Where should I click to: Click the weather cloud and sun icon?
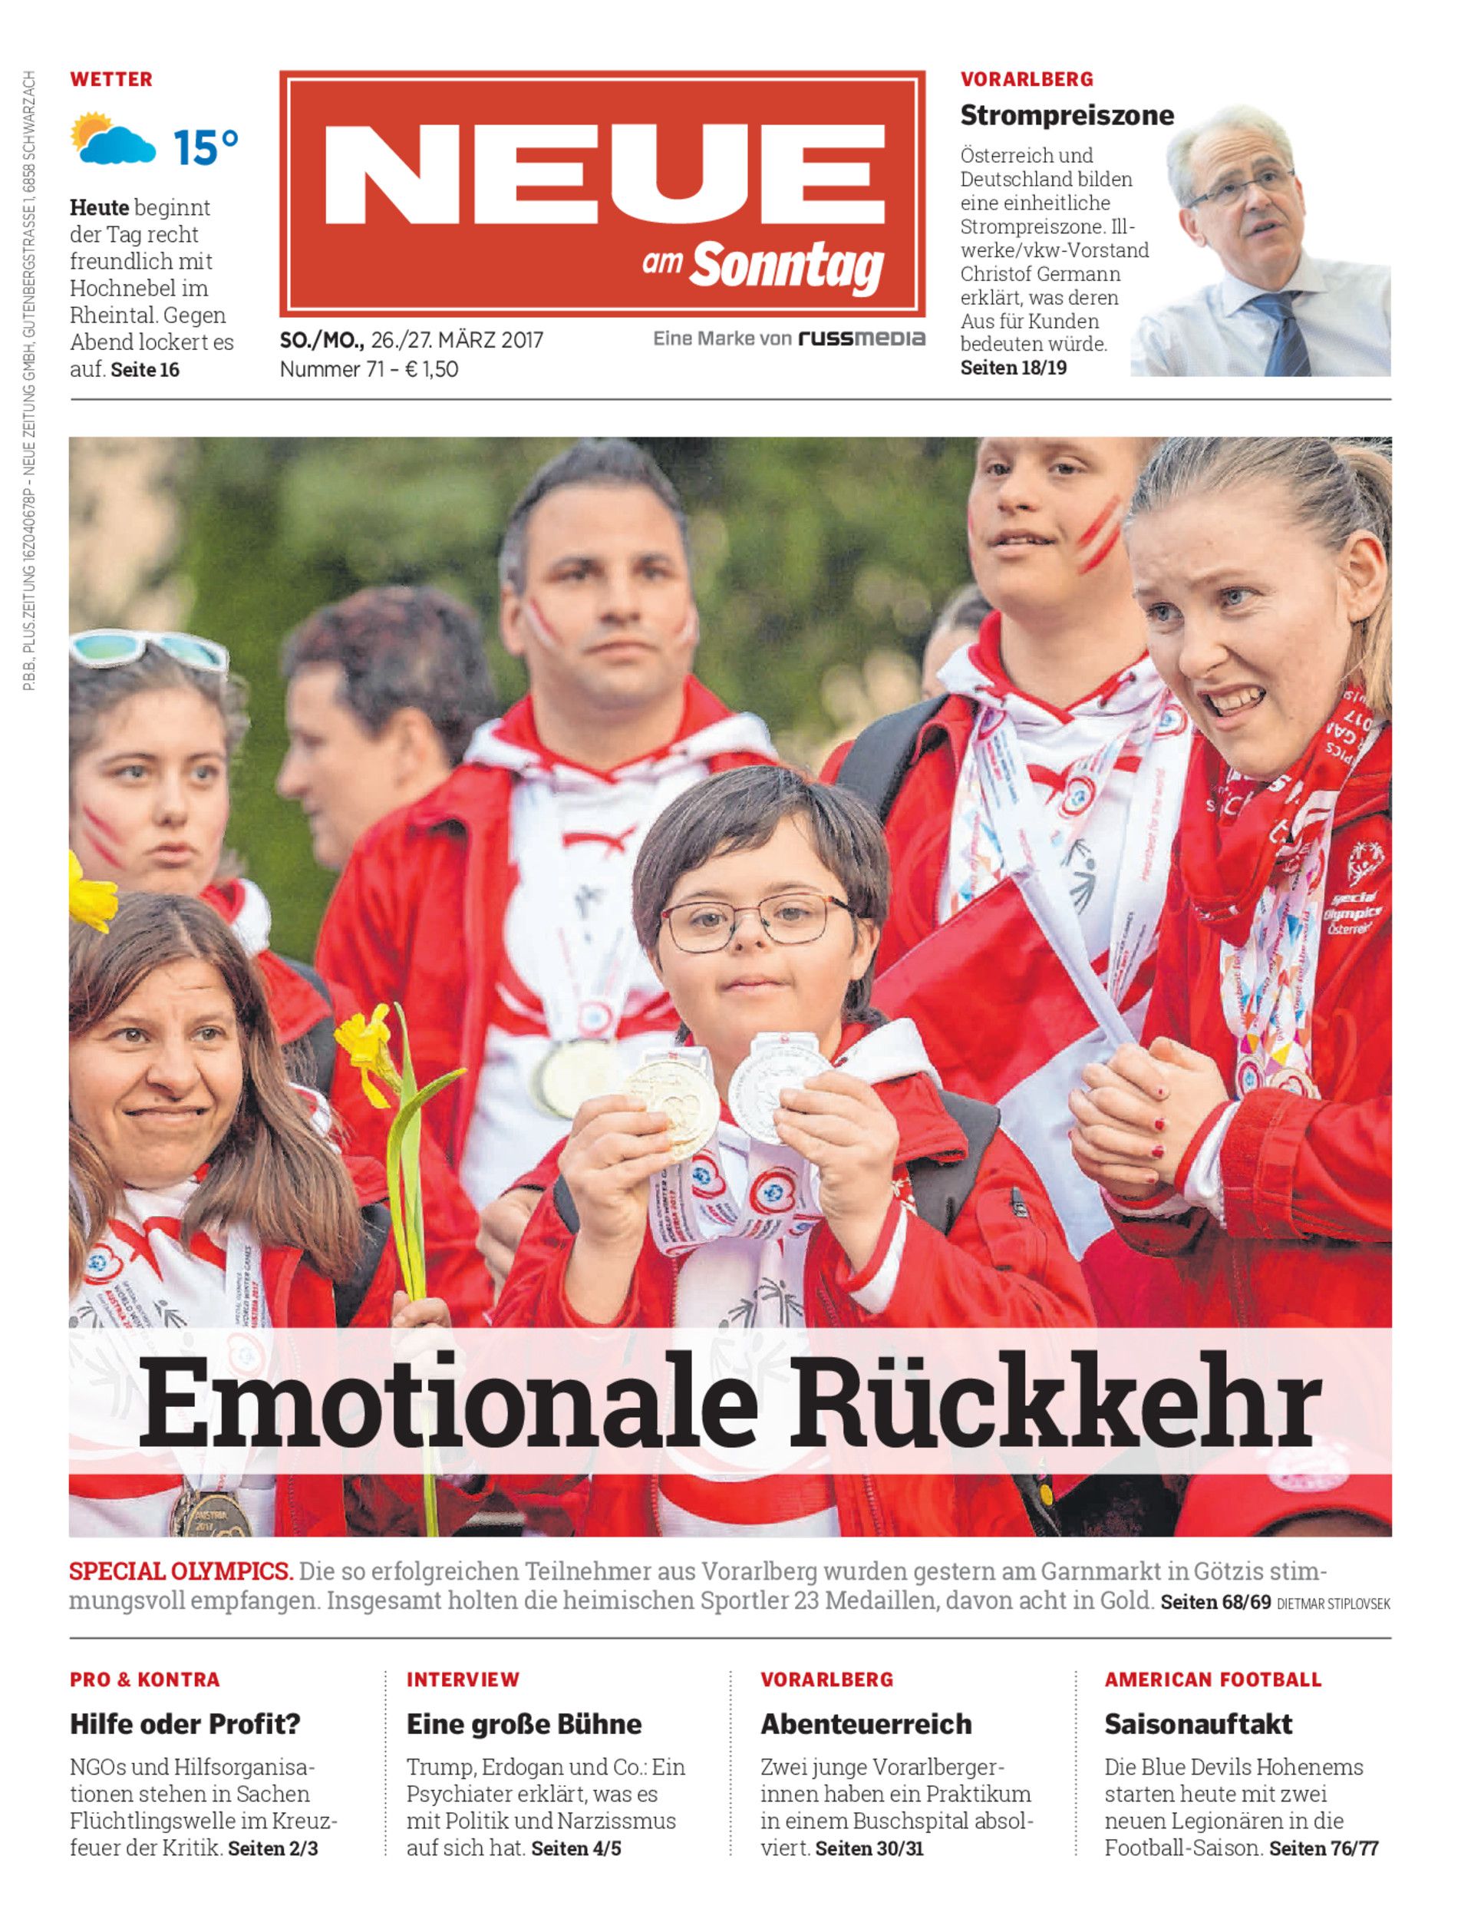tap(113, 139)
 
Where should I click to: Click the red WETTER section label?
tap(110, 79)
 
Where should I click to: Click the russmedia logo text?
tap(862, 339)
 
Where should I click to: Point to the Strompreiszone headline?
tap(1066, 115)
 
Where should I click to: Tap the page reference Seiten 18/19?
tap(1013, 367)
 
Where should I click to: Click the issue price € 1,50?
tap(431, 369)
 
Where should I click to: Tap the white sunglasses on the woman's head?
tap(148, 650)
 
